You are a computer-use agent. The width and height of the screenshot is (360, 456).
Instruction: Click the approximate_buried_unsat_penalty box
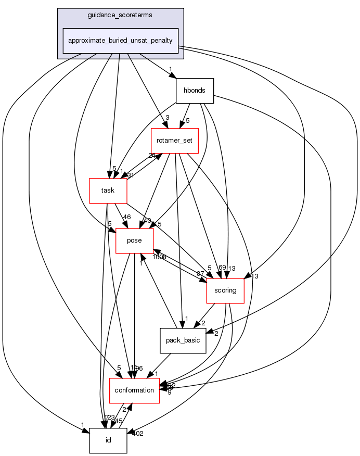[121, 41]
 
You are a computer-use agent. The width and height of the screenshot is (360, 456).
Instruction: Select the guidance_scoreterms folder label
[121, 16]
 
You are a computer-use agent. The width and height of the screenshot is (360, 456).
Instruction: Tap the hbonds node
[195, 91]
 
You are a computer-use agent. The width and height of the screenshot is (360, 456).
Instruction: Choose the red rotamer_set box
[175, 141]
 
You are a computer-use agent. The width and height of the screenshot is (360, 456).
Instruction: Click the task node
[108, 191]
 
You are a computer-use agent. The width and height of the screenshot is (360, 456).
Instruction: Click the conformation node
[134, 390]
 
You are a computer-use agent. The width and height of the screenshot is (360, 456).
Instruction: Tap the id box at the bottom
[108, 440]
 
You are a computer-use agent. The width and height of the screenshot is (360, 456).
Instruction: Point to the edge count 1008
[159, 257]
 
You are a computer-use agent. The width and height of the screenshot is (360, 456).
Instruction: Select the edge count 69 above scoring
[223, 268]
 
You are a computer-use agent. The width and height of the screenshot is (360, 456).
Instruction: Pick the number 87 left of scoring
[200, 274]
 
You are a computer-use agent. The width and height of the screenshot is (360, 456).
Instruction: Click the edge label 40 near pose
[147, 220]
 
